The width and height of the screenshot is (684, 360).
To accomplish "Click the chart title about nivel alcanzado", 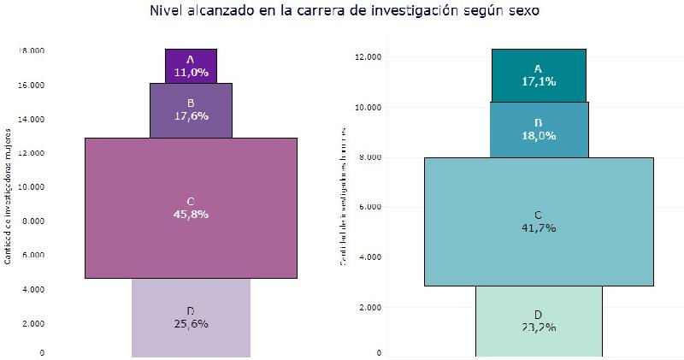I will tap(343, 11).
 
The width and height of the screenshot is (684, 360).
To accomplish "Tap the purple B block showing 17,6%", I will tap(191, 110).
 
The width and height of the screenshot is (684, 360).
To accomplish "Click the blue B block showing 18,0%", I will tap(539, 129).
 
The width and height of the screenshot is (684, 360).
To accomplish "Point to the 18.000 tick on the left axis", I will tap(32, 50).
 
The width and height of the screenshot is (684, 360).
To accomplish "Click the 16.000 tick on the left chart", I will tap(32, 85).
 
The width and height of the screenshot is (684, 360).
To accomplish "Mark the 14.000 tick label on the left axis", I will tap(32, 119).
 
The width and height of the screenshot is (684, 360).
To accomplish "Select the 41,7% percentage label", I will tap(539, 228).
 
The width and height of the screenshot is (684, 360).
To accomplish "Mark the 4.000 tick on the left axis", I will tap(34, 289).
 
